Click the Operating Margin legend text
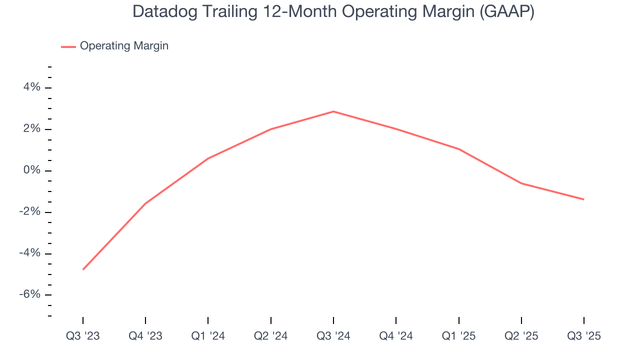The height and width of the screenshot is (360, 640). (x=124, y=46)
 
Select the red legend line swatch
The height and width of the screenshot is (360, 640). (x=68, y=46)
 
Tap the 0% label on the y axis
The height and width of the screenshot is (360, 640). (x=31, y=170)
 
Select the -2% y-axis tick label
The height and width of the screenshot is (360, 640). (x=29, y=212)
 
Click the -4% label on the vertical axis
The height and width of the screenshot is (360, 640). (x=29, y=253)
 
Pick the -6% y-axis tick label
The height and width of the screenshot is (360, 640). (x=29, y=294)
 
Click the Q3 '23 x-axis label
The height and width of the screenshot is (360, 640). (x=83, y=336)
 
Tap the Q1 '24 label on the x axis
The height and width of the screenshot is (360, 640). (x=208, y=336)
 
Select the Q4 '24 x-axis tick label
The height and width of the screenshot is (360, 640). (x=396, y=336)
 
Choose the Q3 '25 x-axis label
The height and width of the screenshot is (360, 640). (x=583, y=336)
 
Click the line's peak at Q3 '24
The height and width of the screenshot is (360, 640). (x=333, y=111)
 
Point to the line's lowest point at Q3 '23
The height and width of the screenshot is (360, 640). (x=83, y=269)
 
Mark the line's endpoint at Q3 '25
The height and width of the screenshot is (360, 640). (x=583, y=199)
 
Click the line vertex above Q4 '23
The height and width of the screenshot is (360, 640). (x=145, y=203)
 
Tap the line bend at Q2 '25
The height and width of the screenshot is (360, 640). (x=521, y=183)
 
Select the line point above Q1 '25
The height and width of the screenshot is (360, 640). (x=458, y=149)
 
